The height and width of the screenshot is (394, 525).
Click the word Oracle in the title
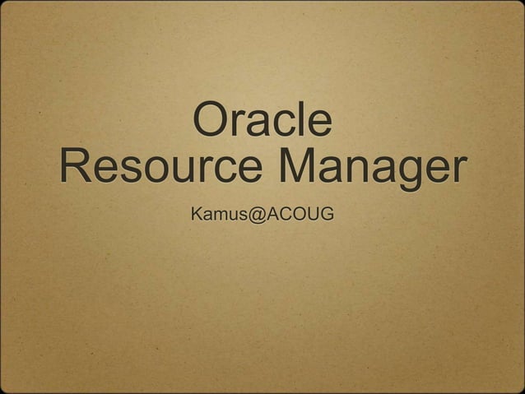262,120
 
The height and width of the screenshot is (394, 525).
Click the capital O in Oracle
209,120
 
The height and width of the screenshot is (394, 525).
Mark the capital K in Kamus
197,216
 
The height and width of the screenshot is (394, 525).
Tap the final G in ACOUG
326,216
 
